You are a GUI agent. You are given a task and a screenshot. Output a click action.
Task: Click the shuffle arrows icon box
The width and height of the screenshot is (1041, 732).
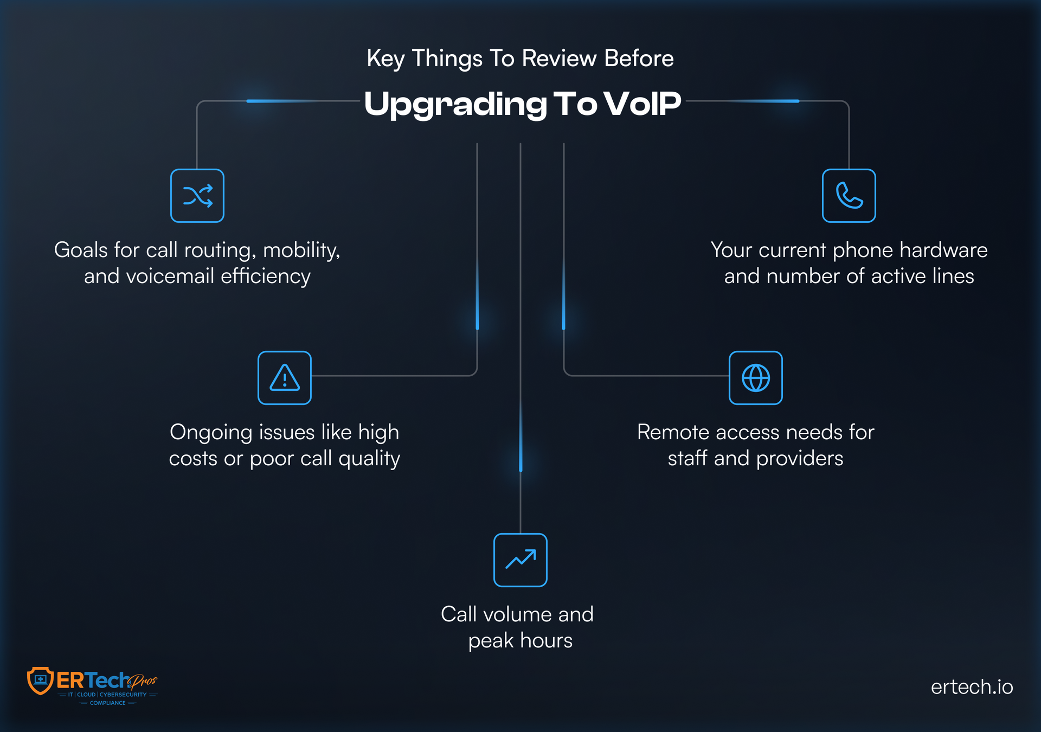[x=197, y=196]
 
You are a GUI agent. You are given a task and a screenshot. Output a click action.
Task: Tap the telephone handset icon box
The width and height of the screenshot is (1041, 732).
[x=849, y=196]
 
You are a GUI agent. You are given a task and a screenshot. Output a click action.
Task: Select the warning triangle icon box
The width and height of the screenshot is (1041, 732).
[x=285, y=378]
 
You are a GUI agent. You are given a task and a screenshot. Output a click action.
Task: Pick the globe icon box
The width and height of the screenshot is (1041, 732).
[x=755, y=378]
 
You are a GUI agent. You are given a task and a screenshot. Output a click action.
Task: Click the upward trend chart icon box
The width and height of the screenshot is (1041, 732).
[x=520, y=560]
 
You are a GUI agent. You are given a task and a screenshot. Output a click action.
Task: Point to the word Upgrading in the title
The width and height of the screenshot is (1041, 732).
[x=455, y=104]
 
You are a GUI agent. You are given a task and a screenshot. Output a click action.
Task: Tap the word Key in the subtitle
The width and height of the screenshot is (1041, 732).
[x=385, y=59]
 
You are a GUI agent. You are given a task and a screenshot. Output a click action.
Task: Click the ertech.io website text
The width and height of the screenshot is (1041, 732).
[x=972, y=687]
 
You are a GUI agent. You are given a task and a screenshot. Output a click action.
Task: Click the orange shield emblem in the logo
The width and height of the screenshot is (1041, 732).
[x=40, y=680]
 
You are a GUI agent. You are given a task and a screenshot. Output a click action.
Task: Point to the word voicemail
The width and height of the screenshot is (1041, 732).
[x=170, y=277]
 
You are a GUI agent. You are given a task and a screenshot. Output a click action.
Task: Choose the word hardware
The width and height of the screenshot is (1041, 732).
[x=943, y=250]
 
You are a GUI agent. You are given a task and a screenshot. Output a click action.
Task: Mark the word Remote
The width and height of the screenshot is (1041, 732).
[x=673, y=432]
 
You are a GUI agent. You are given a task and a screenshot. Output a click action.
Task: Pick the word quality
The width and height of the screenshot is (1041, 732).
[x=369, y=459]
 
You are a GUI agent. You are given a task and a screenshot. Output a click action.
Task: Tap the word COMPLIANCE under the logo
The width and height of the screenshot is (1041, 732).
[x=107, y=703]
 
